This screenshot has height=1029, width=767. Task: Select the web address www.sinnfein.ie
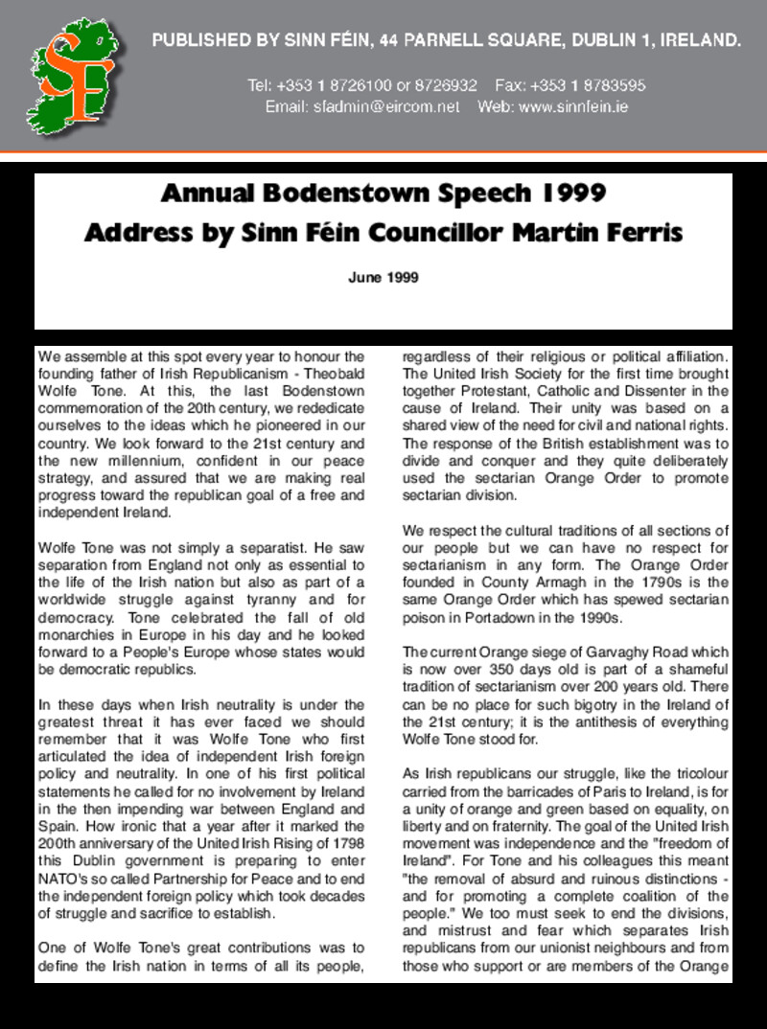[573, 106]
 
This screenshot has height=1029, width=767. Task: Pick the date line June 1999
[383, 278]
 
